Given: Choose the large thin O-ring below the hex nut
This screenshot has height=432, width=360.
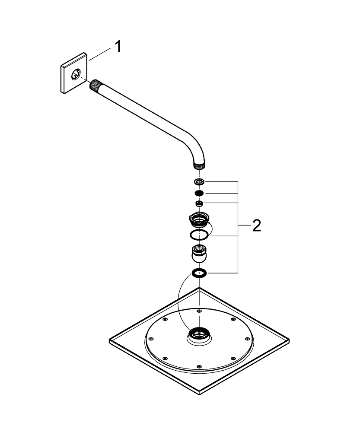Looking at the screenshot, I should pyautogui.click(x=198, y=235).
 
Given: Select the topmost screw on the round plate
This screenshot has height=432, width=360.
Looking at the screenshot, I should pyautogui.click(x=198, y=311).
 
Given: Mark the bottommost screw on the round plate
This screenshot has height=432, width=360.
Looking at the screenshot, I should pyautogui.click(x=198, y=367).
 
